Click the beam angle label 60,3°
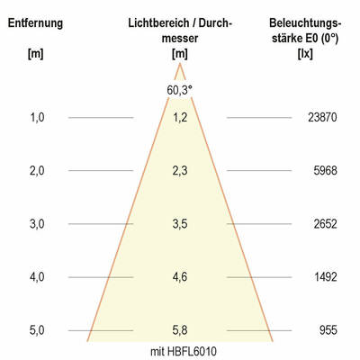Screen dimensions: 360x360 point(180,90)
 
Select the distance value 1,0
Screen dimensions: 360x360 point(37,117)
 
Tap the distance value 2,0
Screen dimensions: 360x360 point(37,170)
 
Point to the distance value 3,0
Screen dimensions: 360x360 point(37,224)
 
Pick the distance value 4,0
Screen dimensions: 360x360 point(37,277)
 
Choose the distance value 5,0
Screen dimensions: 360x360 point(37,330)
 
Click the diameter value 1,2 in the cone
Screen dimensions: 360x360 point(180,117)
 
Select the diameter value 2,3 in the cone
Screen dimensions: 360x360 point(180,170)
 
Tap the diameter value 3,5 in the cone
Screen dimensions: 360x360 point(180,224)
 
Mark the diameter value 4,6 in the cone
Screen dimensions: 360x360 point(180,277)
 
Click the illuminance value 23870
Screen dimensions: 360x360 point(321,117)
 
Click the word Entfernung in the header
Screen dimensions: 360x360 point(37,22)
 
